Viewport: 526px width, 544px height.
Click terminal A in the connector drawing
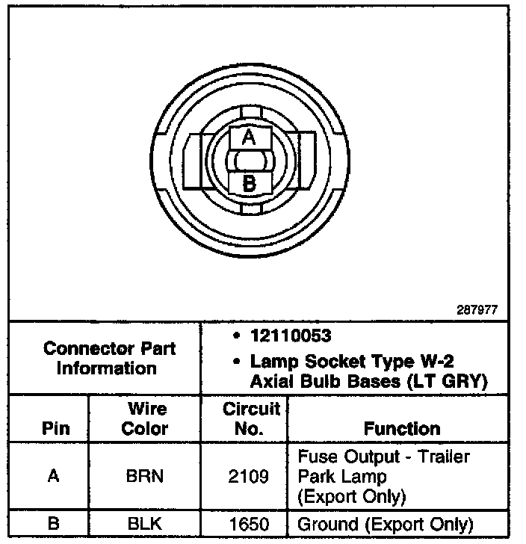click(x=250, y=137)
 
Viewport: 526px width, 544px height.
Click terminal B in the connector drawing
click(x=250, y=182)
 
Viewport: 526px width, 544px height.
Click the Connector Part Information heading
click(x=109, y=358)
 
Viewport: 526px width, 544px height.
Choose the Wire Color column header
click(x=145, y=418)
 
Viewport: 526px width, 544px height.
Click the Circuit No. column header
click(x=251, y=418)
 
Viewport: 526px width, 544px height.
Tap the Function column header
click(x=401, y=428)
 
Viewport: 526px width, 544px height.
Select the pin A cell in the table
click(x=52, y=475)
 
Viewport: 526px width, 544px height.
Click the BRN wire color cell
click(x=145, y=475)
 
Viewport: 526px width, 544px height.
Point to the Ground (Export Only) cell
click(x=385, y=524)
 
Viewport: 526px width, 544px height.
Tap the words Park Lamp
click(x=341, y=476)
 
